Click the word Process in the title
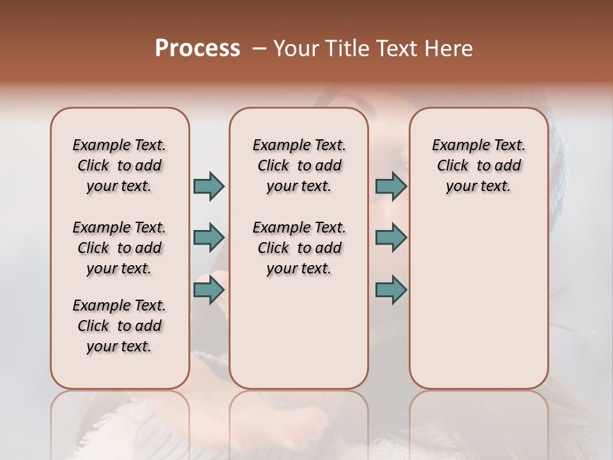point(197,49)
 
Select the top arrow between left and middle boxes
point(209,186)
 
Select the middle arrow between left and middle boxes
point(209,238)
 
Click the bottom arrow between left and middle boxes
point(209,290)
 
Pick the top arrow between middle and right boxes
point(391,186)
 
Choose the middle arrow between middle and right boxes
point(391,238)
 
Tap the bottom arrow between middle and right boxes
point(391,290)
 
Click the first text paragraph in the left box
point(119,165)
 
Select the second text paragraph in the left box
point(119,248)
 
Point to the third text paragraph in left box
point(119,326)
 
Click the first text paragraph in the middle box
point(299,165)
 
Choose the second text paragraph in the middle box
point(299,248)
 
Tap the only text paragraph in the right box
point(478,165)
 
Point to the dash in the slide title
point(259,49)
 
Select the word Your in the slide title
point(296,49)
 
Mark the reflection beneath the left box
point(120,422)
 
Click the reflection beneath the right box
point(478,422)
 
